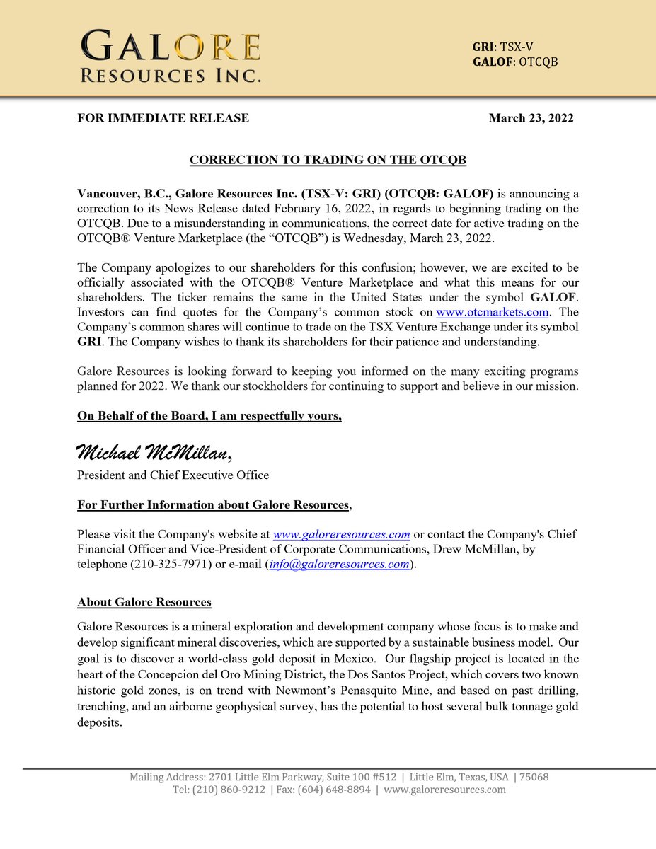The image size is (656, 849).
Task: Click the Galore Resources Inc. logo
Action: coord(170,56)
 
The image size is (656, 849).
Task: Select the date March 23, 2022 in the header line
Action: coord(531,118)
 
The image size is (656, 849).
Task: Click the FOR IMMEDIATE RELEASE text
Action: coord(163,118)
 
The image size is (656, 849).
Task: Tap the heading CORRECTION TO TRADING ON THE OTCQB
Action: coord(328,160)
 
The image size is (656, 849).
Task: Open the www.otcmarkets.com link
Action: coord(492,312)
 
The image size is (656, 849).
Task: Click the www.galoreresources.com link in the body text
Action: coord(341,534)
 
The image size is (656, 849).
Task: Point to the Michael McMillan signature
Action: coord(154,451)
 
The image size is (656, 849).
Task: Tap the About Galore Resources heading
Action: coord(144,603)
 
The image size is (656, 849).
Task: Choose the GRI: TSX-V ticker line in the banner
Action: coord(502,47)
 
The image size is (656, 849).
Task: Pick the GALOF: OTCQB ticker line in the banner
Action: coord(515,62)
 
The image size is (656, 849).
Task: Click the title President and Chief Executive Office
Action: coord(173,475)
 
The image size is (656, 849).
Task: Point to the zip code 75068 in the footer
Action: coord(534,777)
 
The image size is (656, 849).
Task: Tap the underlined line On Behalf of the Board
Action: coord(209,416)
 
